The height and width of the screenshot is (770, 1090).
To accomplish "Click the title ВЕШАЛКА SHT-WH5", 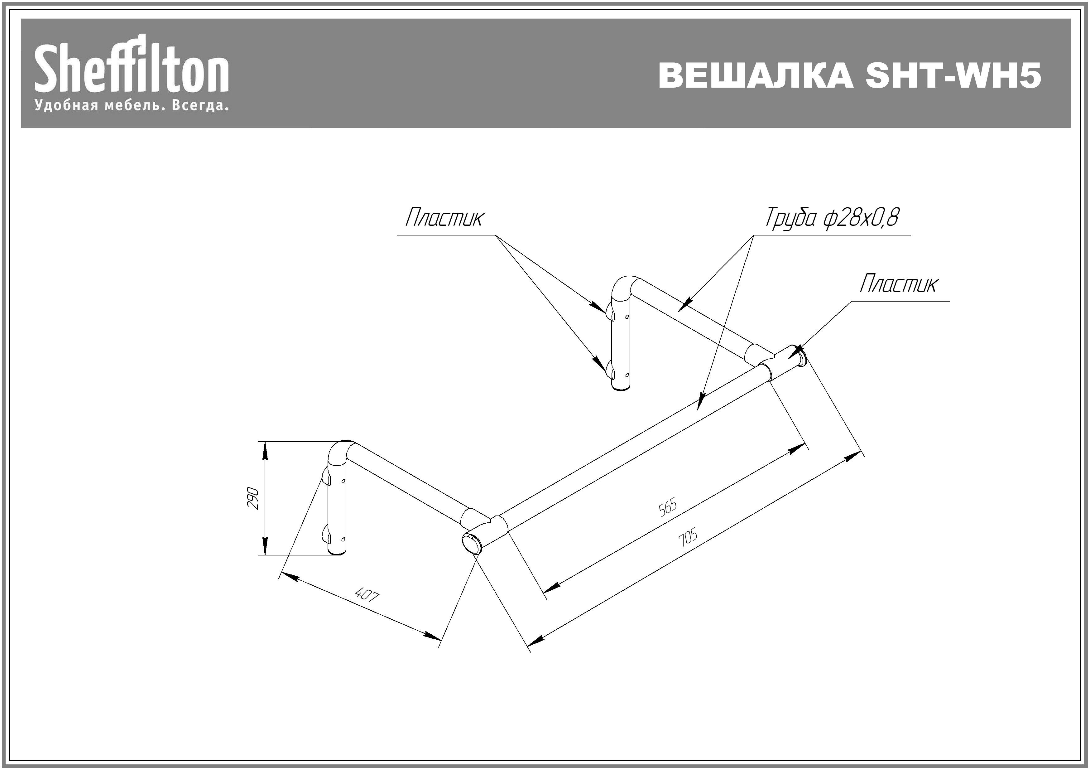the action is pos(850,75).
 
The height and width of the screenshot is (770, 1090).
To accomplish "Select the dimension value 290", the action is pos(253,498).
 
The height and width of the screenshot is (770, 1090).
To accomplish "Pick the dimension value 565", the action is pos(667,507).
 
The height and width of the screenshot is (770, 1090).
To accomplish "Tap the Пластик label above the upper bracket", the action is pos(445,218).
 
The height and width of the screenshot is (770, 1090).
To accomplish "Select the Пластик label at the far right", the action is pos(899,284).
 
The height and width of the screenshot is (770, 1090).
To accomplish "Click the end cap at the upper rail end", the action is pos(800,356).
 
